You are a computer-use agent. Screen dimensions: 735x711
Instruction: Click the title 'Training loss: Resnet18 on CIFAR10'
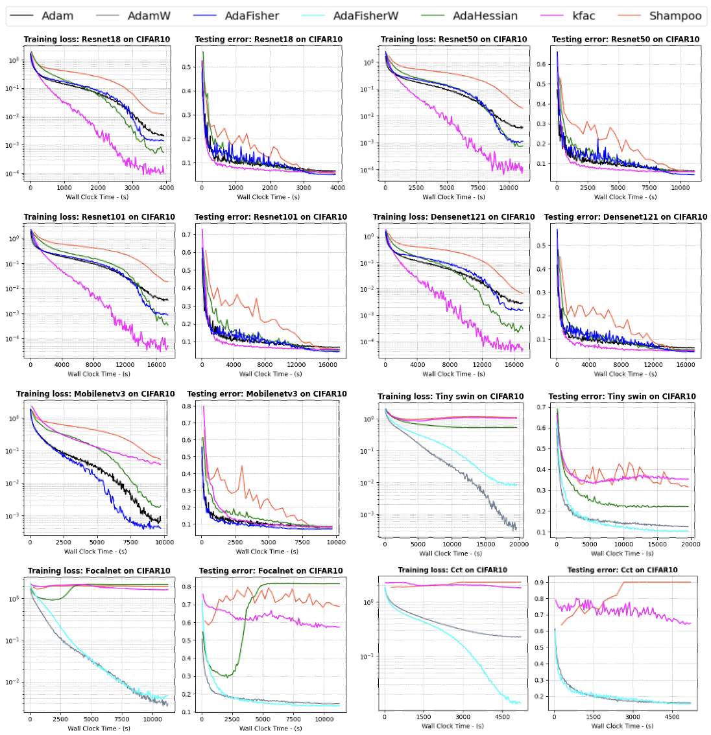coord(97,40)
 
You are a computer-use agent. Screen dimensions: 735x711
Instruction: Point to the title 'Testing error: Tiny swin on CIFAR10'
coord(621,397)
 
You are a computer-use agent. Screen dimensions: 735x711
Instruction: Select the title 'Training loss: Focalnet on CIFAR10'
coord(99,571)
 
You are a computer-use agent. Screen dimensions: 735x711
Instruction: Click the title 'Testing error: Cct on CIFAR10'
coord(621,570)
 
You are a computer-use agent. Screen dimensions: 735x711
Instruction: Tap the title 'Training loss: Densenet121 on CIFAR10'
coord(453,217)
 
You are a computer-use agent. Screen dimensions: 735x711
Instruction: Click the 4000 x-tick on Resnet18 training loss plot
coord(167,188)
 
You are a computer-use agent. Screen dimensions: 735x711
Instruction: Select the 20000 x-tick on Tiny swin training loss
coord(519,544)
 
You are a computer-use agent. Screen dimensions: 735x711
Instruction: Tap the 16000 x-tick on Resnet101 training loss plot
coord(156,365)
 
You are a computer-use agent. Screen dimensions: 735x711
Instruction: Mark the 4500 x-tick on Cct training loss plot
coord(502,717)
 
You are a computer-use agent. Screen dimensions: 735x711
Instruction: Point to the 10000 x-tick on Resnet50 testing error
coord(680,188)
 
